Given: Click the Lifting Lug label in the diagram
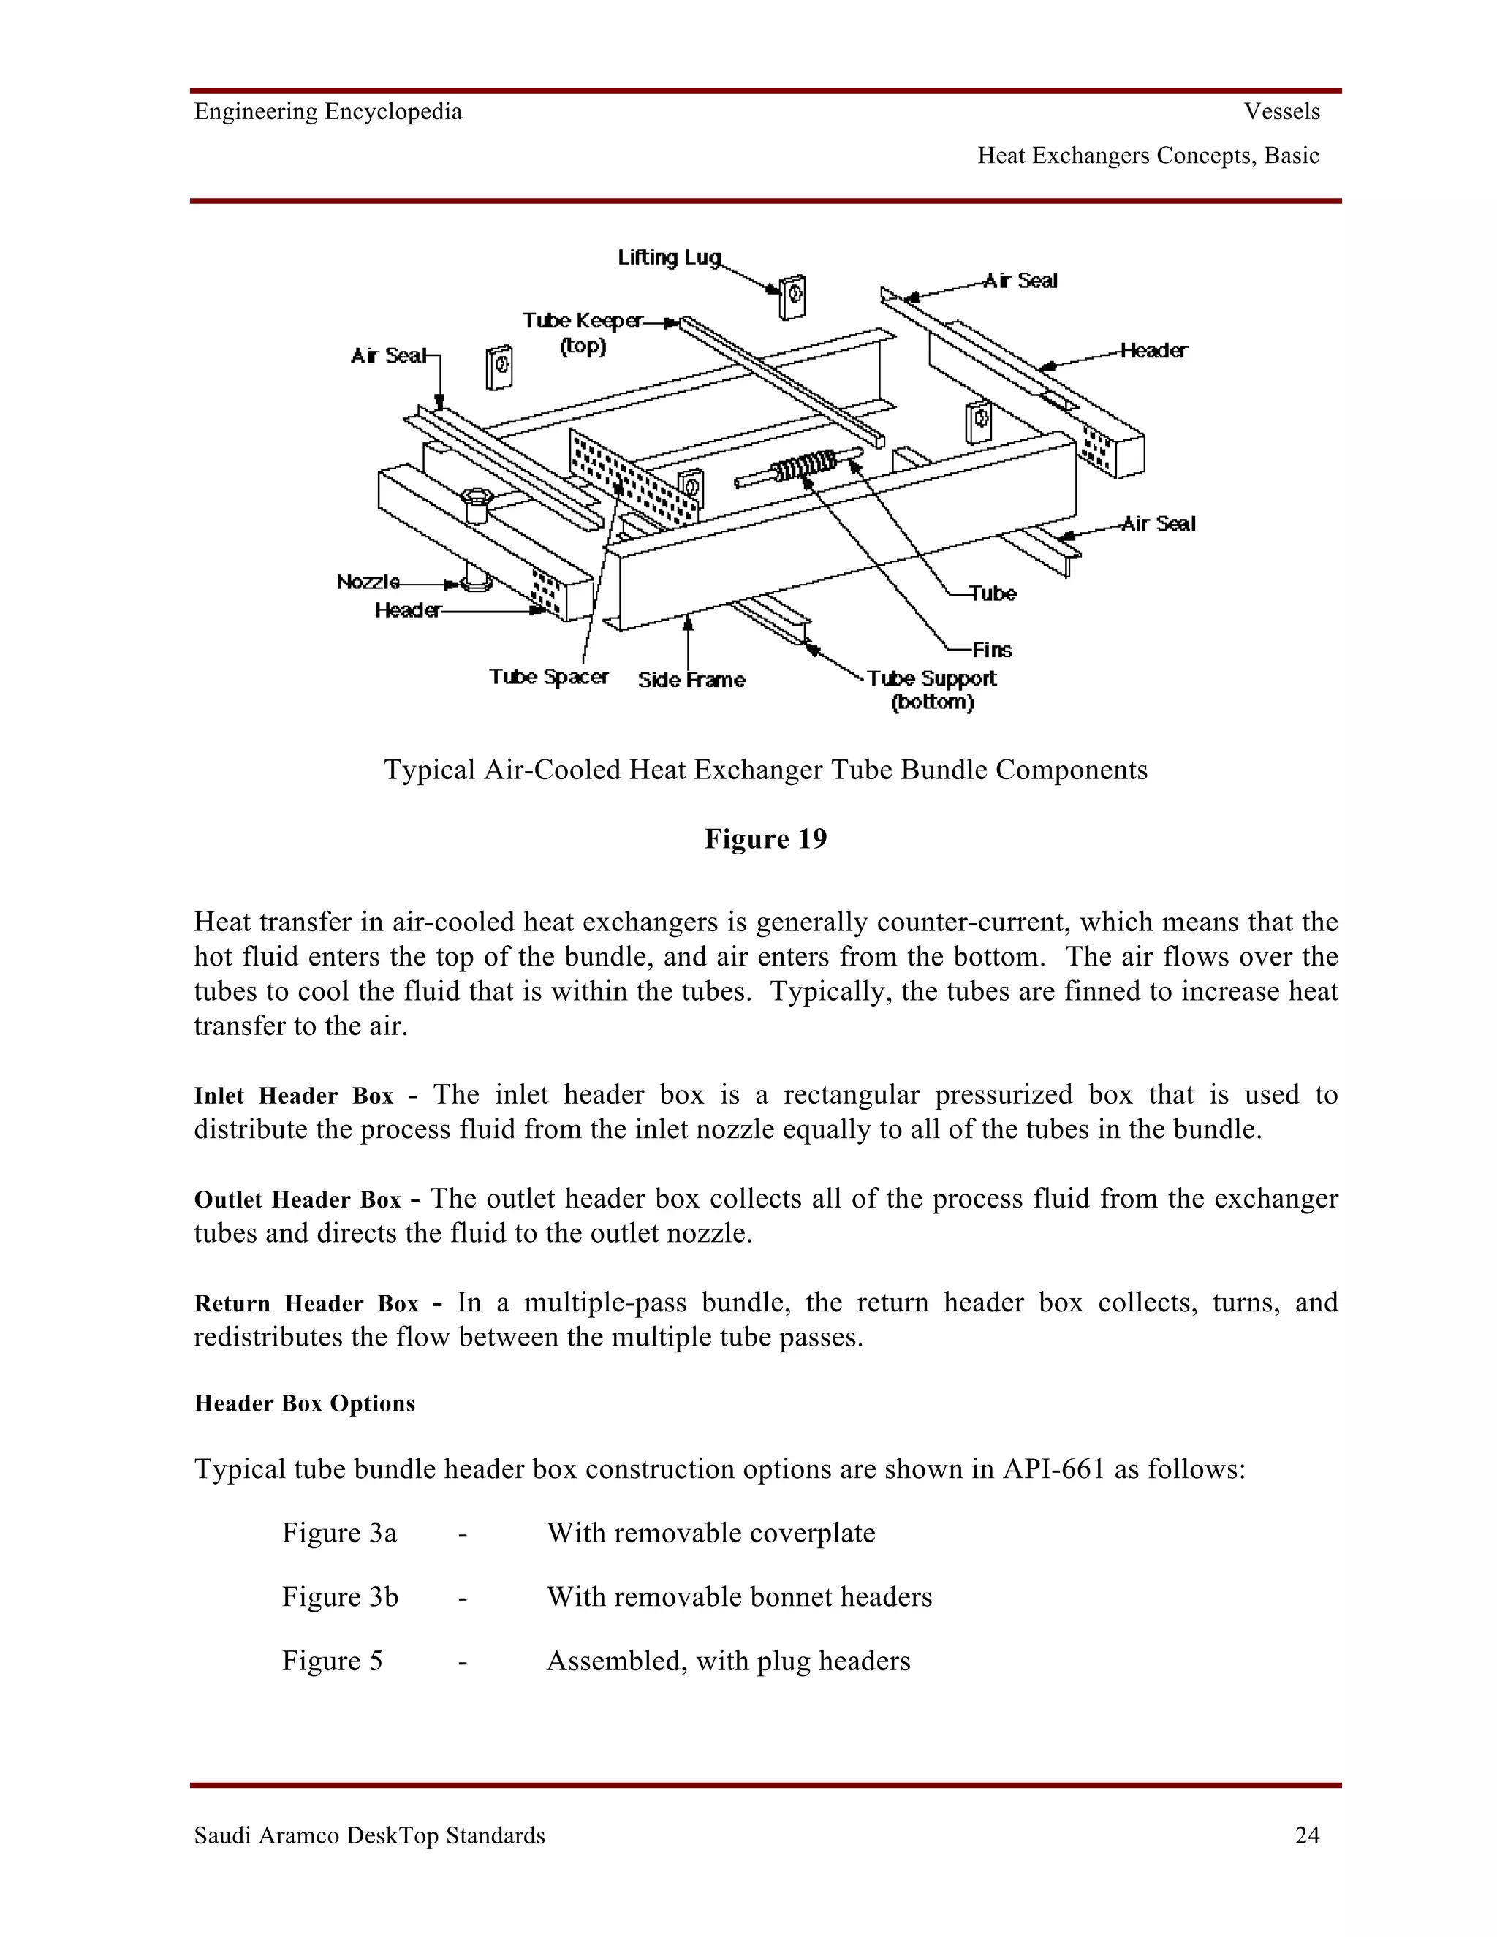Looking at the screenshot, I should (x=670, y=257).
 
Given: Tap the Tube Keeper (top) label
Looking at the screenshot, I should (x=583, y=333).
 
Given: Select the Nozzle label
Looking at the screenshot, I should (x=368, y=582).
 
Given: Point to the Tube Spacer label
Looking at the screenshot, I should (x=548, y=677).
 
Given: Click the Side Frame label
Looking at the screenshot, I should (x=691, y=681).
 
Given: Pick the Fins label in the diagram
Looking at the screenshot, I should (x=991, y=650).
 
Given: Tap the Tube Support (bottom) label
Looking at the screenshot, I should (x=931, y=690).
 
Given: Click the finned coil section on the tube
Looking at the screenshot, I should (x=803, y=466).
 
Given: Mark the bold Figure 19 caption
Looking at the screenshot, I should (x=765, y=839).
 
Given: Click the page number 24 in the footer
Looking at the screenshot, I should (x=1307, y=1835).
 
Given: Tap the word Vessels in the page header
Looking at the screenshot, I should (x=1281, y=112).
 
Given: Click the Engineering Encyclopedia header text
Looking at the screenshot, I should (x=328, y=112).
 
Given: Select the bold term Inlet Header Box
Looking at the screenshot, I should (x=294, y=1096).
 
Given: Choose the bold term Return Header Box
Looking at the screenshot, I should (x=306, y=1304).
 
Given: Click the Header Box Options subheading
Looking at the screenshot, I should (x=304, y=1403).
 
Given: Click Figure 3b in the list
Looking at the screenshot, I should (x=340, y=1596).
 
